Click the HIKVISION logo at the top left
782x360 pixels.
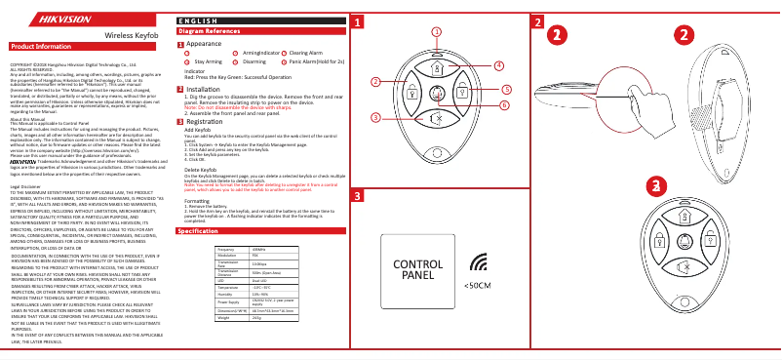click(x=35, y=17)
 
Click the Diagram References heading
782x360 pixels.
click(x=209, y=32)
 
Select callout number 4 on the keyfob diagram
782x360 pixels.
click(x=498, y=65)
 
